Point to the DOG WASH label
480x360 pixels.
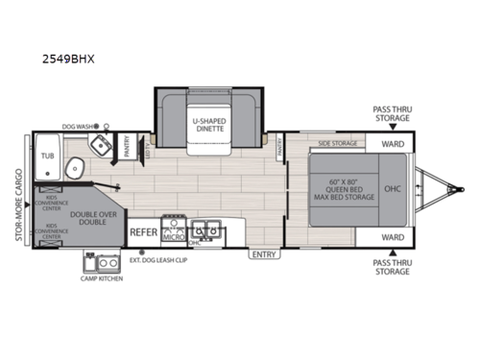tap(80, 126)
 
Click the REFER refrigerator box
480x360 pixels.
tap(144, 231)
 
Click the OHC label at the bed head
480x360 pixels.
tap(393, 188)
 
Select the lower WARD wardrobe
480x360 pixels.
tap(392, 235)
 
